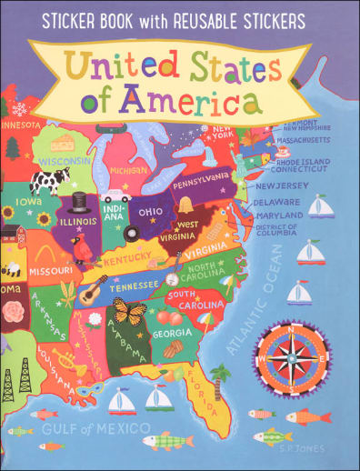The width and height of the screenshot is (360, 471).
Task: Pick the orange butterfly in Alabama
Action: (128, 314)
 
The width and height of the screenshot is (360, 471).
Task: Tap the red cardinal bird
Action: (84, 247)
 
